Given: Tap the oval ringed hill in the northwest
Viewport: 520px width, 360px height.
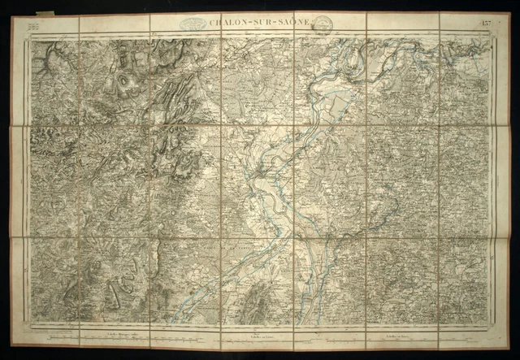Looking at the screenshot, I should click(x=124, y=82).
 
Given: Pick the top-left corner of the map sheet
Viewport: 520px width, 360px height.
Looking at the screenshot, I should click(x=20, y=18).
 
